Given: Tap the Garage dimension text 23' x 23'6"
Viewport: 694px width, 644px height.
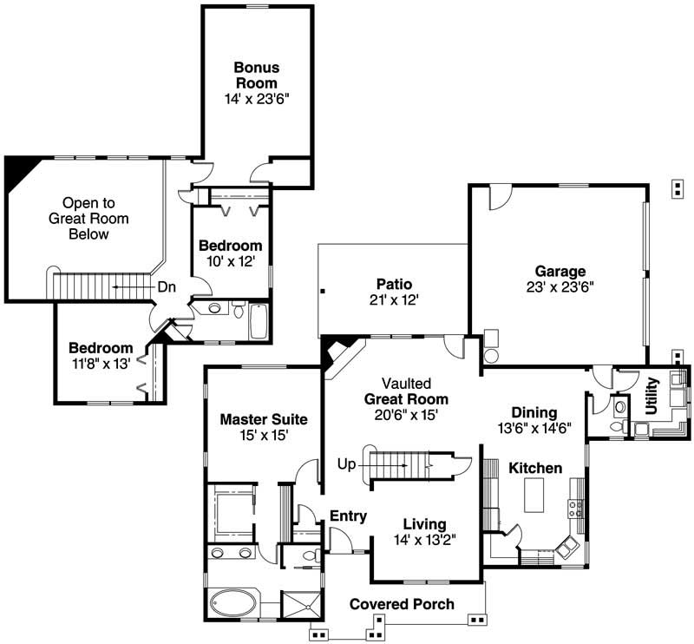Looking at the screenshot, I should click(560, 287).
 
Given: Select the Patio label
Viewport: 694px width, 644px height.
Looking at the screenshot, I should click(393, 284).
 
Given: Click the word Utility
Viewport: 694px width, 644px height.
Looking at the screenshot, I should click(653, 396).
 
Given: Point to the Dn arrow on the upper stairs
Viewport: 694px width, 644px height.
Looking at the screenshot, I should click(128, 286).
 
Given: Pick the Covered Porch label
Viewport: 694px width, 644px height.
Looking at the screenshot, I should click(402, 604).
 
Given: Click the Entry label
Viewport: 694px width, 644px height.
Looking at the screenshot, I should click(348, 516).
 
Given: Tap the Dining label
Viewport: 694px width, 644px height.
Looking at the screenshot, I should click(534, 412).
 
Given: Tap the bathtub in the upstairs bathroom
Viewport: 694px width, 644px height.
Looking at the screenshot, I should click(259, 321).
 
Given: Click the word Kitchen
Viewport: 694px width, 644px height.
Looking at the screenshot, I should click(535, 468).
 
